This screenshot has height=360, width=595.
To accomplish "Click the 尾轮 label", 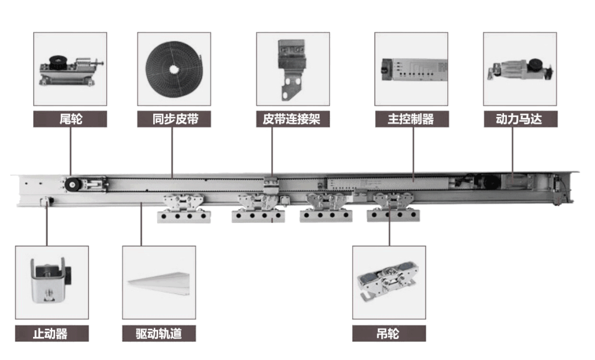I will pos(70,119).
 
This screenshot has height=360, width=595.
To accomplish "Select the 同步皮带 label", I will pos(174,119).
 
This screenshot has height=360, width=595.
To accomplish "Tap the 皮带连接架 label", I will pos(293,119).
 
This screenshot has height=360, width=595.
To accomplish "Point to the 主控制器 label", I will pos(411,119).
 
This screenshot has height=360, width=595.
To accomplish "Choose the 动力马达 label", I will pos(520,119).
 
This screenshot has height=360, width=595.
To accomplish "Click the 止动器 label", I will pos(52,334).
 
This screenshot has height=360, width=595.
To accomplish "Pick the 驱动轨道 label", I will pos(159,334).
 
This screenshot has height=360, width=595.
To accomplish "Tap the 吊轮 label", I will pos(389,334).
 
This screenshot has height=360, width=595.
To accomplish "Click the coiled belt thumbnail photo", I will pos(174,69).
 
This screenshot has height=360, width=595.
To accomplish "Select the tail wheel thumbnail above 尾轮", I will pos(70,69).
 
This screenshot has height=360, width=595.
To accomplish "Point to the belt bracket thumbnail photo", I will pos(293,69).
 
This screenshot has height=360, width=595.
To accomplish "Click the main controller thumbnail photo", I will pos(411,69).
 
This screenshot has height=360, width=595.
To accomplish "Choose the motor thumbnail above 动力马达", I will pos(520,69).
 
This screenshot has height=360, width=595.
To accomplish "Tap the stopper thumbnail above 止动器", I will pos(52,282).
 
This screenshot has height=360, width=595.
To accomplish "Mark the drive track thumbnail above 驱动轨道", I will pos(159,282).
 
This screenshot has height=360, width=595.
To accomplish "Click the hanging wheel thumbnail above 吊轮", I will pos(389,282).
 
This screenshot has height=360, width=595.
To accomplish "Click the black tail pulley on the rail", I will pos(71,185).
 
